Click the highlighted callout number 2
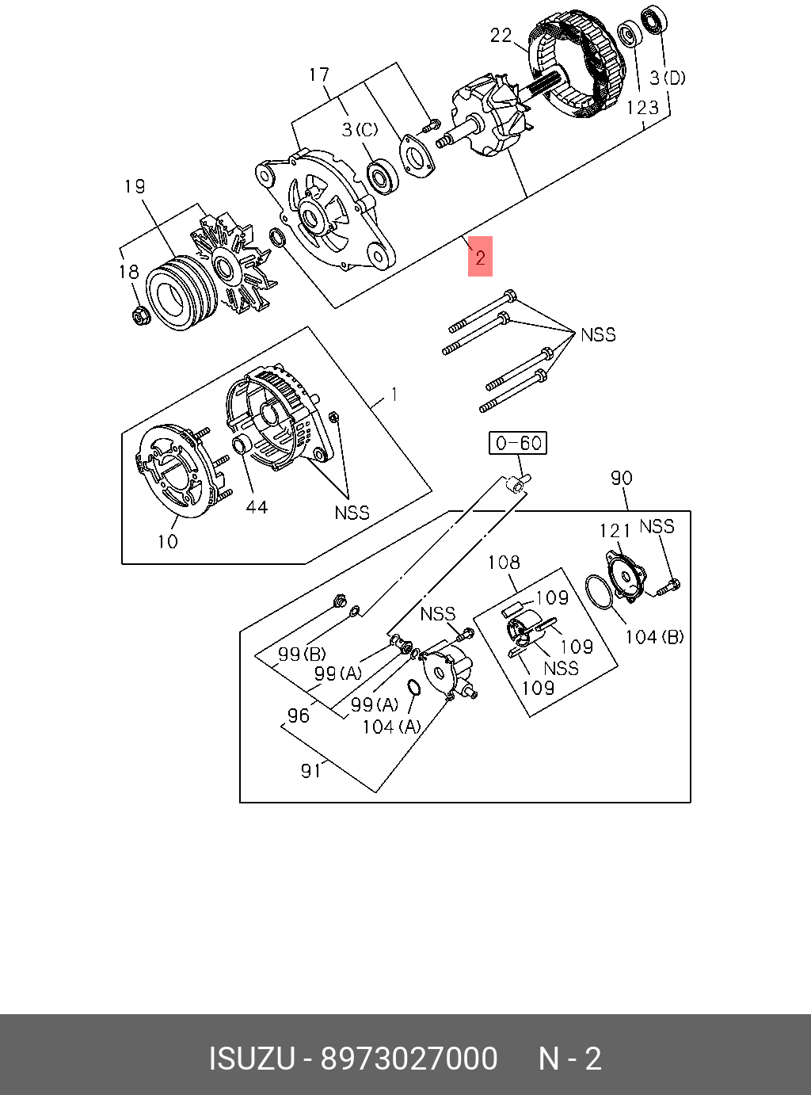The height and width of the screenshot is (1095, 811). tap(480, 257)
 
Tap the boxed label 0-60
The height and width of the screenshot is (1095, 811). tap(519, 442)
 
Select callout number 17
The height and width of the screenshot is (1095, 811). tap(319, 75)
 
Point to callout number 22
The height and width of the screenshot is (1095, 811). tap(501, 35)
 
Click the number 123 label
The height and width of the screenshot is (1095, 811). tap(642, 108)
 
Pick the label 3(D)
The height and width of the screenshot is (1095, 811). tap(668, 78)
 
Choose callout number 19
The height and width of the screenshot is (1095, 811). tap(135, 186)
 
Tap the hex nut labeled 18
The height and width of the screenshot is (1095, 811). tap(140, 316)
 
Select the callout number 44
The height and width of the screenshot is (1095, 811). tap(257, 507)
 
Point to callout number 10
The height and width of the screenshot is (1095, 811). tap(168, 542)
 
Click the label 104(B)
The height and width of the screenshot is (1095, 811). tap(654, 637)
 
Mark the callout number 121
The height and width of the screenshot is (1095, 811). tap(615, 531)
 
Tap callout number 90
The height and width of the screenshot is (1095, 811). tap(622, 478)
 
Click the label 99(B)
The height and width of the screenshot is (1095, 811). tap(302, 654)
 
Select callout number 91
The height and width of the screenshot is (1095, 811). tap(311, 770)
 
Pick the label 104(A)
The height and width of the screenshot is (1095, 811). tap(391, 727)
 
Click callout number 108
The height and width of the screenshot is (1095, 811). tap(504, 563)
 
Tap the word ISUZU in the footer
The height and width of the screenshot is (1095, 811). tap(251, 1059)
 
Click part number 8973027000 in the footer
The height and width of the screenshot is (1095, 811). tap(409, 1059)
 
